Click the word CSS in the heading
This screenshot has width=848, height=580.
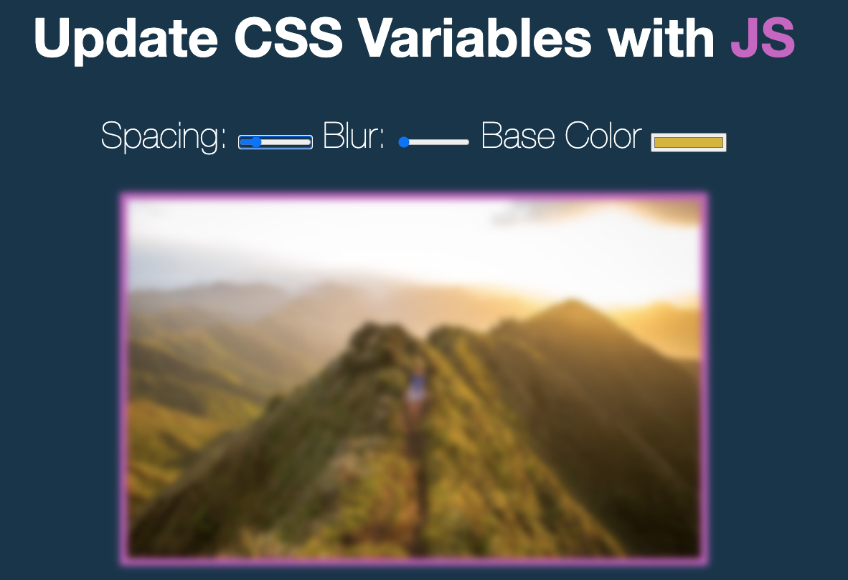pos(288,37)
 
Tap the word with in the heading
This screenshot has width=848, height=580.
pos(659,37)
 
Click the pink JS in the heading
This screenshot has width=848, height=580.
pos(762,37)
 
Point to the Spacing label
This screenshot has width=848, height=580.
pos(164,136)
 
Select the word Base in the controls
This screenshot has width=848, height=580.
pos(519,136)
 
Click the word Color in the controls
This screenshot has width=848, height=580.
pos(603,136)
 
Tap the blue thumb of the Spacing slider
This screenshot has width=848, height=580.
pos(255,142)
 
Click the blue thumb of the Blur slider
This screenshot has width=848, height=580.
pos(404,142)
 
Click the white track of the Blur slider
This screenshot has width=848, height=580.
pos(441,142)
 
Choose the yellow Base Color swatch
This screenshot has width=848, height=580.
pos(689,142)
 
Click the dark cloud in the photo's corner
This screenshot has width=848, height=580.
pos(667,210)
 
